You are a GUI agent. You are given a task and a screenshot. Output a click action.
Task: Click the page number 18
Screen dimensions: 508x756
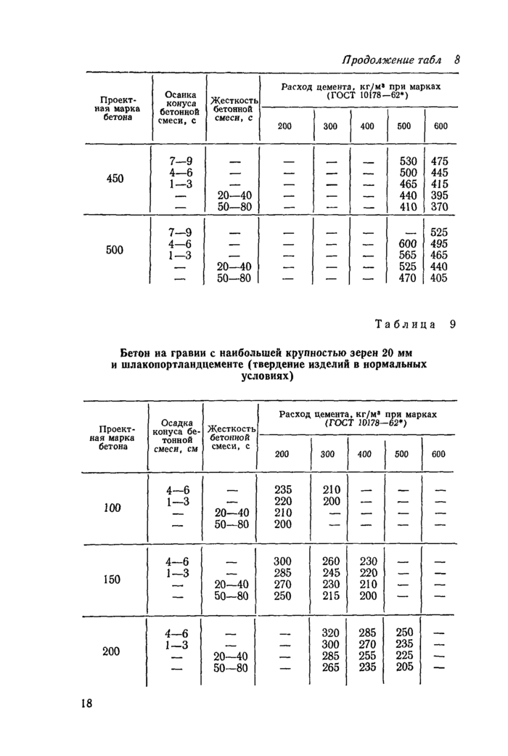(86, 703)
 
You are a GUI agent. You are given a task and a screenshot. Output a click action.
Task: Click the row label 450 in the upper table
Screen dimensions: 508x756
(114, 178)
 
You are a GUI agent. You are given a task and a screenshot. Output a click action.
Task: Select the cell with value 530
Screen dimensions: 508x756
(409, 160)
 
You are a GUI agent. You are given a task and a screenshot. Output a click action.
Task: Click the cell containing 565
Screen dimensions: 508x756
(409, 256)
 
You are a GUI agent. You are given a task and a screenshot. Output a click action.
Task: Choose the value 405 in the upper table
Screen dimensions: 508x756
(440, 278)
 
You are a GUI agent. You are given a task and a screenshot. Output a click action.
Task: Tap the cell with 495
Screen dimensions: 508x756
(440, 244)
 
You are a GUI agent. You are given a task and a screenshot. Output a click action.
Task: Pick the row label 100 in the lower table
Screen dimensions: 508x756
(112, 508)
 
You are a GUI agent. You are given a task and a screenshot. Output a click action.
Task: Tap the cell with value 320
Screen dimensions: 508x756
(330, 633)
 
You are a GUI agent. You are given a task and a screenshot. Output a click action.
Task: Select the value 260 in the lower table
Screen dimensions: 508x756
(330, 561)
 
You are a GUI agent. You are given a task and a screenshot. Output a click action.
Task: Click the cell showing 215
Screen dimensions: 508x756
(330, 596)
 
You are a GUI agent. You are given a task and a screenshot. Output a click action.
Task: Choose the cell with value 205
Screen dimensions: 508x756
(403, 667)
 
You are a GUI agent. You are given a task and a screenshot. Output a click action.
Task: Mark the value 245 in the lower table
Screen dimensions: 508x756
(330, 573)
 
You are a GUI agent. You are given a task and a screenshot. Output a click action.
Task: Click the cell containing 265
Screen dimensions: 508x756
(330, 667)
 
